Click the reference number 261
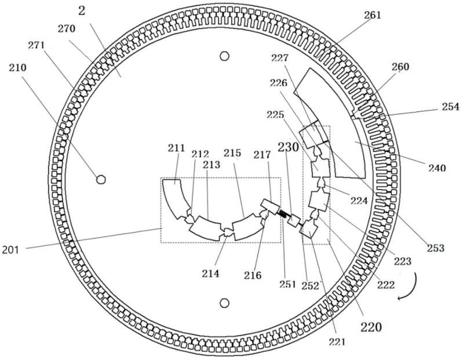373,14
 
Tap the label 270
67,28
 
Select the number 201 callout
10,250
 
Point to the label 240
437,168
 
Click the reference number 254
451,106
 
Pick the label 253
436,248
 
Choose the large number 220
371,327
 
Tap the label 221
337,341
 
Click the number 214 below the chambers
210,274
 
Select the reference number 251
287,284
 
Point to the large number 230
288,147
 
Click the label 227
279,58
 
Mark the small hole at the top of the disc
225,56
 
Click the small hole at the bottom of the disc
225,303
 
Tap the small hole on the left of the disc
101,179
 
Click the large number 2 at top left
82,11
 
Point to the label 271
37,45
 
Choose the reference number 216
253,275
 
